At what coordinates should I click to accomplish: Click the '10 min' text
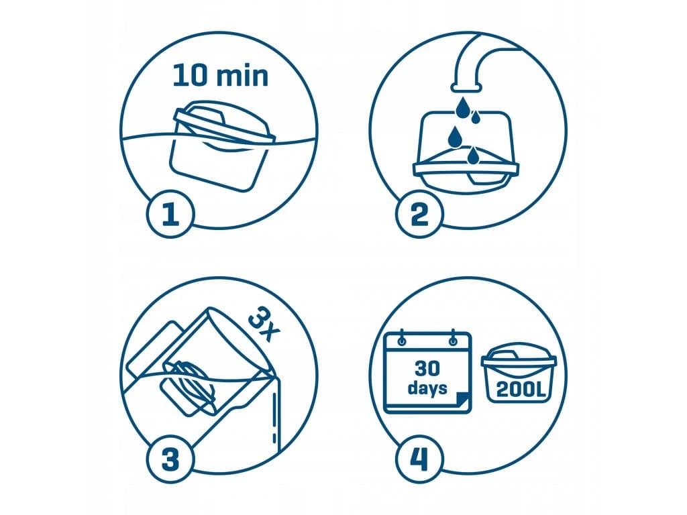pyautogui.click(x=220, y=75)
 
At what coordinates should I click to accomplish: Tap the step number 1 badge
pyautogui.click(x=170, y=214)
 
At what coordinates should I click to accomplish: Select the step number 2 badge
pyautogui.click(x=419, y=214)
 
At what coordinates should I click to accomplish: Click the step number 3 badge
pyautogui.click(x=170, y=459)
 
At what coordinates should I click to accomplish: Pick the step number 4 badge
pyautogui.click(x=419, y=459)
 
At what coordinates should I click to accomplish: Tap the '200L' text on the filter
pyautogui.click(x=521, y=390)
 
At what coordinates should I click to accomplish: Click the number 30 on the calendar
pyautogui.click(x=427, y=368)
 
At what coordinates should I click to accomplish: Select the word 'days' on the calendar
pyautogui.click(x=427, y=388)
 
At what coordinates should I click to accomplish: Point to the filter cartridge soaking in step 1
pyautogui.click(x=221, y=145)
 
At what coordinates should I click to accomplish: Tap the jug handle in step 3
pyautogui.click(x=151, y=350)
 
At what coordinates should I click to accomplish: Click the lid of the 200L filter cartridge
pyautogui.click(x=519, y=355)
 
